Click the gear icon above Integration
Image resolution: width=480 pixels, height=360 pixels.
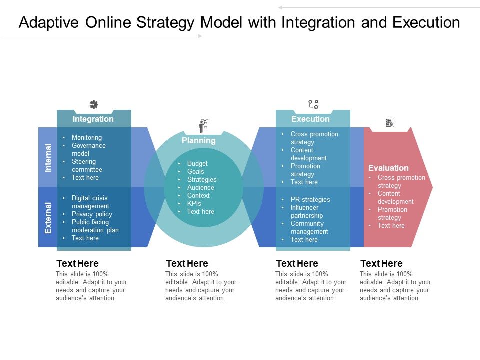pyautogui.click(x=93, y=104)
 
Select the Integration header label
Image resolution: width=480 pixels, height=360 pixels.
pyautogui.click(x=93, y=119)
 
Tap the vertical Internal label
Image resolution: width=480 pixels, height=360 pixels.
pyautogui.click(x=48, y=158)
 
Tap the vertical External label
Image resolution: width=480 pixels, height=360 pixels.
pyautogui.click(x=48, y=218)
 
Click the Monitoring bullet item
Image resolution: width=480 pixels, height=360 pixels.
pyautogui.click(x=86, y=137)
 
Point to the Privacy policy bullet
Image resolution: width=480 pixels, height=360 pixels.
pyautogui.click(x=92, y=214)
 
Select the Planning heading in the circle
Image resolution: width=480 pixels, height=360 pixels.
pyautogui.click(x=199, y=141)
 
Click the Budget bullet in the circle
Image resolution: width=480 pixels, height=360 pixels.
pyautogui.click(x=197, y=163)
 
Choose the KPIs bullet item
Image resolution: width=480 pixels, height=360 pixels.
pyautogui.click(x=194, y=203)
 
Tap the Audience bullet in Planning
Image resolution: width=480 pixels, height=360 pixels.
pyautogui.click(x=200, y=187)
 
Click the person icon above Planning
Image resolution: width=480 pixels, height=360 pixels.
pyautogui.click(x=203, y=125)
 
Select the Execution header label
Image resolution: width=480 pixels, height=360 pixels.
pyautogui.click(x=310, y=119)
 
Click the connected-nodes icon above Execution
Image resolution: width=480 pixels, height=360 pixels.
pyautogui.click(x=313, y=104)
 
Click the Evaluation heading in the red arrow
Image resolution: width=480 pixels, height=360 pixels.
pyautogui.click(x=388, y=168)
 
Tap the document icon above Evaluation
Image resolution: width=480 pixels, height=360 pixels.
pyautogui.click(x=390, y=123)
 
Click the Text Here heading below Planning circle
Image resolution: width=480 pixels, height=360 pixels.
pyautogui.click(x=187, y=263)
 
